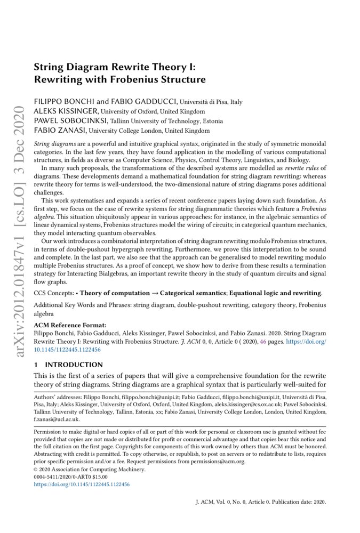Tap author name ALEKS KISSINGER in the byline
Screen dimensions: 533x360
[x=60, y=111]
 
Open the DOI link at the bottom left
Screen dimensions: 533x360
[x=82, y=484]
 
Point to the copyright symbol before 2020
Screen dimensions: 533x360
[x=36, y=470]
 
